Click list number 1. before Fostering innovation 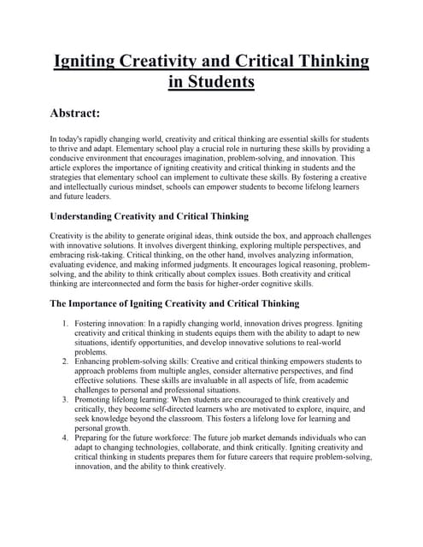coord(66,325)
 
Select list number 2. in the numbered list coord(66,362)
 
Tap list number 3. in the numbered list coord(66,399)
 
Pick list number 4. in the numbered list coord(66,437)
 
